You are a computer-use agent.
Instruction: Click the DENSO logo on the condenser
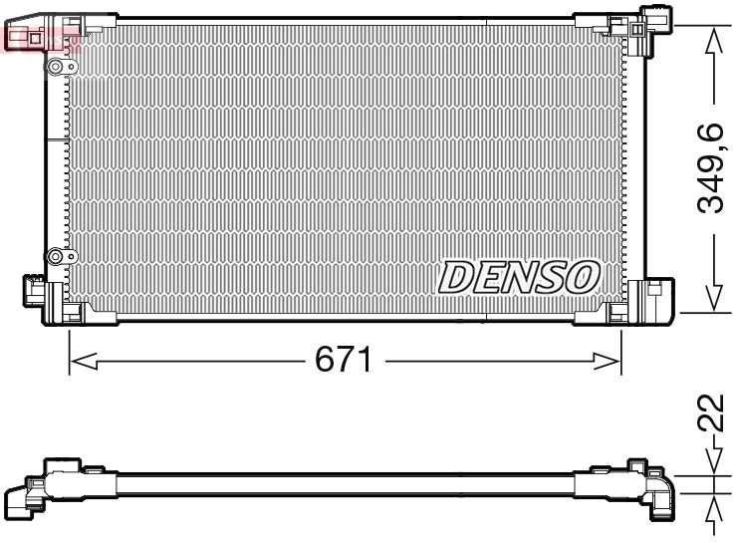[x=519, y=277]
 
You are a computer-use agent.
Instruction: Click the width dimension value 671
[x=344, y=360]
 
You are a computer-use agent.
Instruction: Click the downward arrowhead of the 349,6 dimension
[x=712, y=296]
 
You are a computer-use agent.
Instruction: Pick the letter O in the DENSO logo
[x=584, y=277]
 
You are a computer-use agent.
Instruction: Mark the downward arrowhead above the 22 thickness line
[x=712, y=463]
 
